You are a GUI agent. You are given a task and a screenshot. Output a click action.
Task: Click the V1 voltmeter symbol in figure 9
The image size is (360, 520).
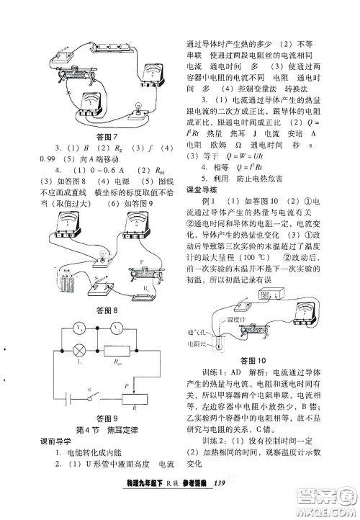tap(80, 329)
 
